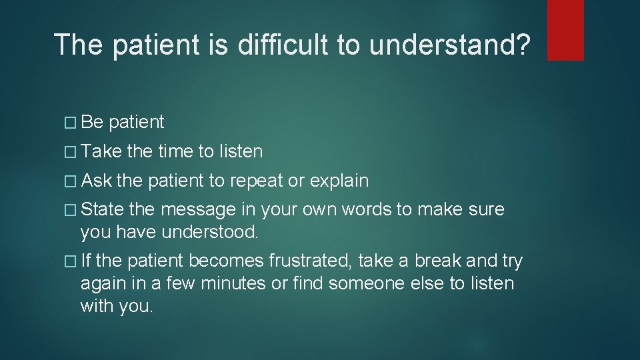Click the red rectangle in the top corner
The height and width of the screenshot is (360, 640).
(565, 30)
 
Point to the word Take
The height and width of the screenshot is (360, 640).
(101, 152)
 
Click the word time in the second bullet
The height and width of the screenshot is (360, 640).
(176, 152)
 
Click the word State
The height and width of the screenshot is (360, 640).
(102, 210)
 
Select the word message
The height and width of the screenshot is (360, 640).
(198, 210)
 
